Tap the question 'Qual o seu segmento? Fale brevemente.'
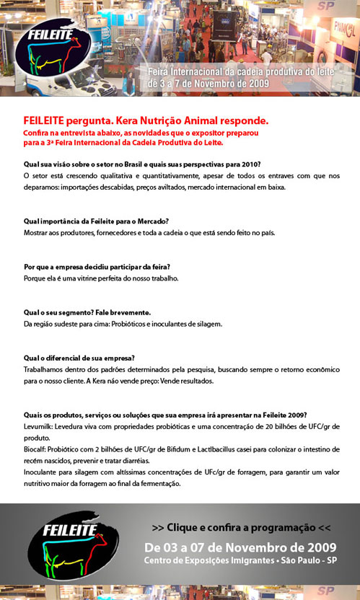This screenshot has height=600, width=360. (x=87, y=312)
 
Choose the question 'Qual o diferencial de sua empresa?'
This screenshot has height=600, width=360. (x=79, y=358)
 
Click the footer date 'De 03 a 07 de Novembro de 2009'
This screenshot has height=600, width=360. (x=240, y=546)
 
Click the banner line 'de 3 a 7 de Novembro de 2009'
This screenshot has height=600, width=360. (x=208, y=84)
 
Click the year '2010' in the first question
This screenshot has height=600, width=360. (x=251, y=164)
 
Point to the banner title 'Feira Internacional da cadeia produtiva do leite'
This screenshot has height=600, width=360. (x=250, y=74)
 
